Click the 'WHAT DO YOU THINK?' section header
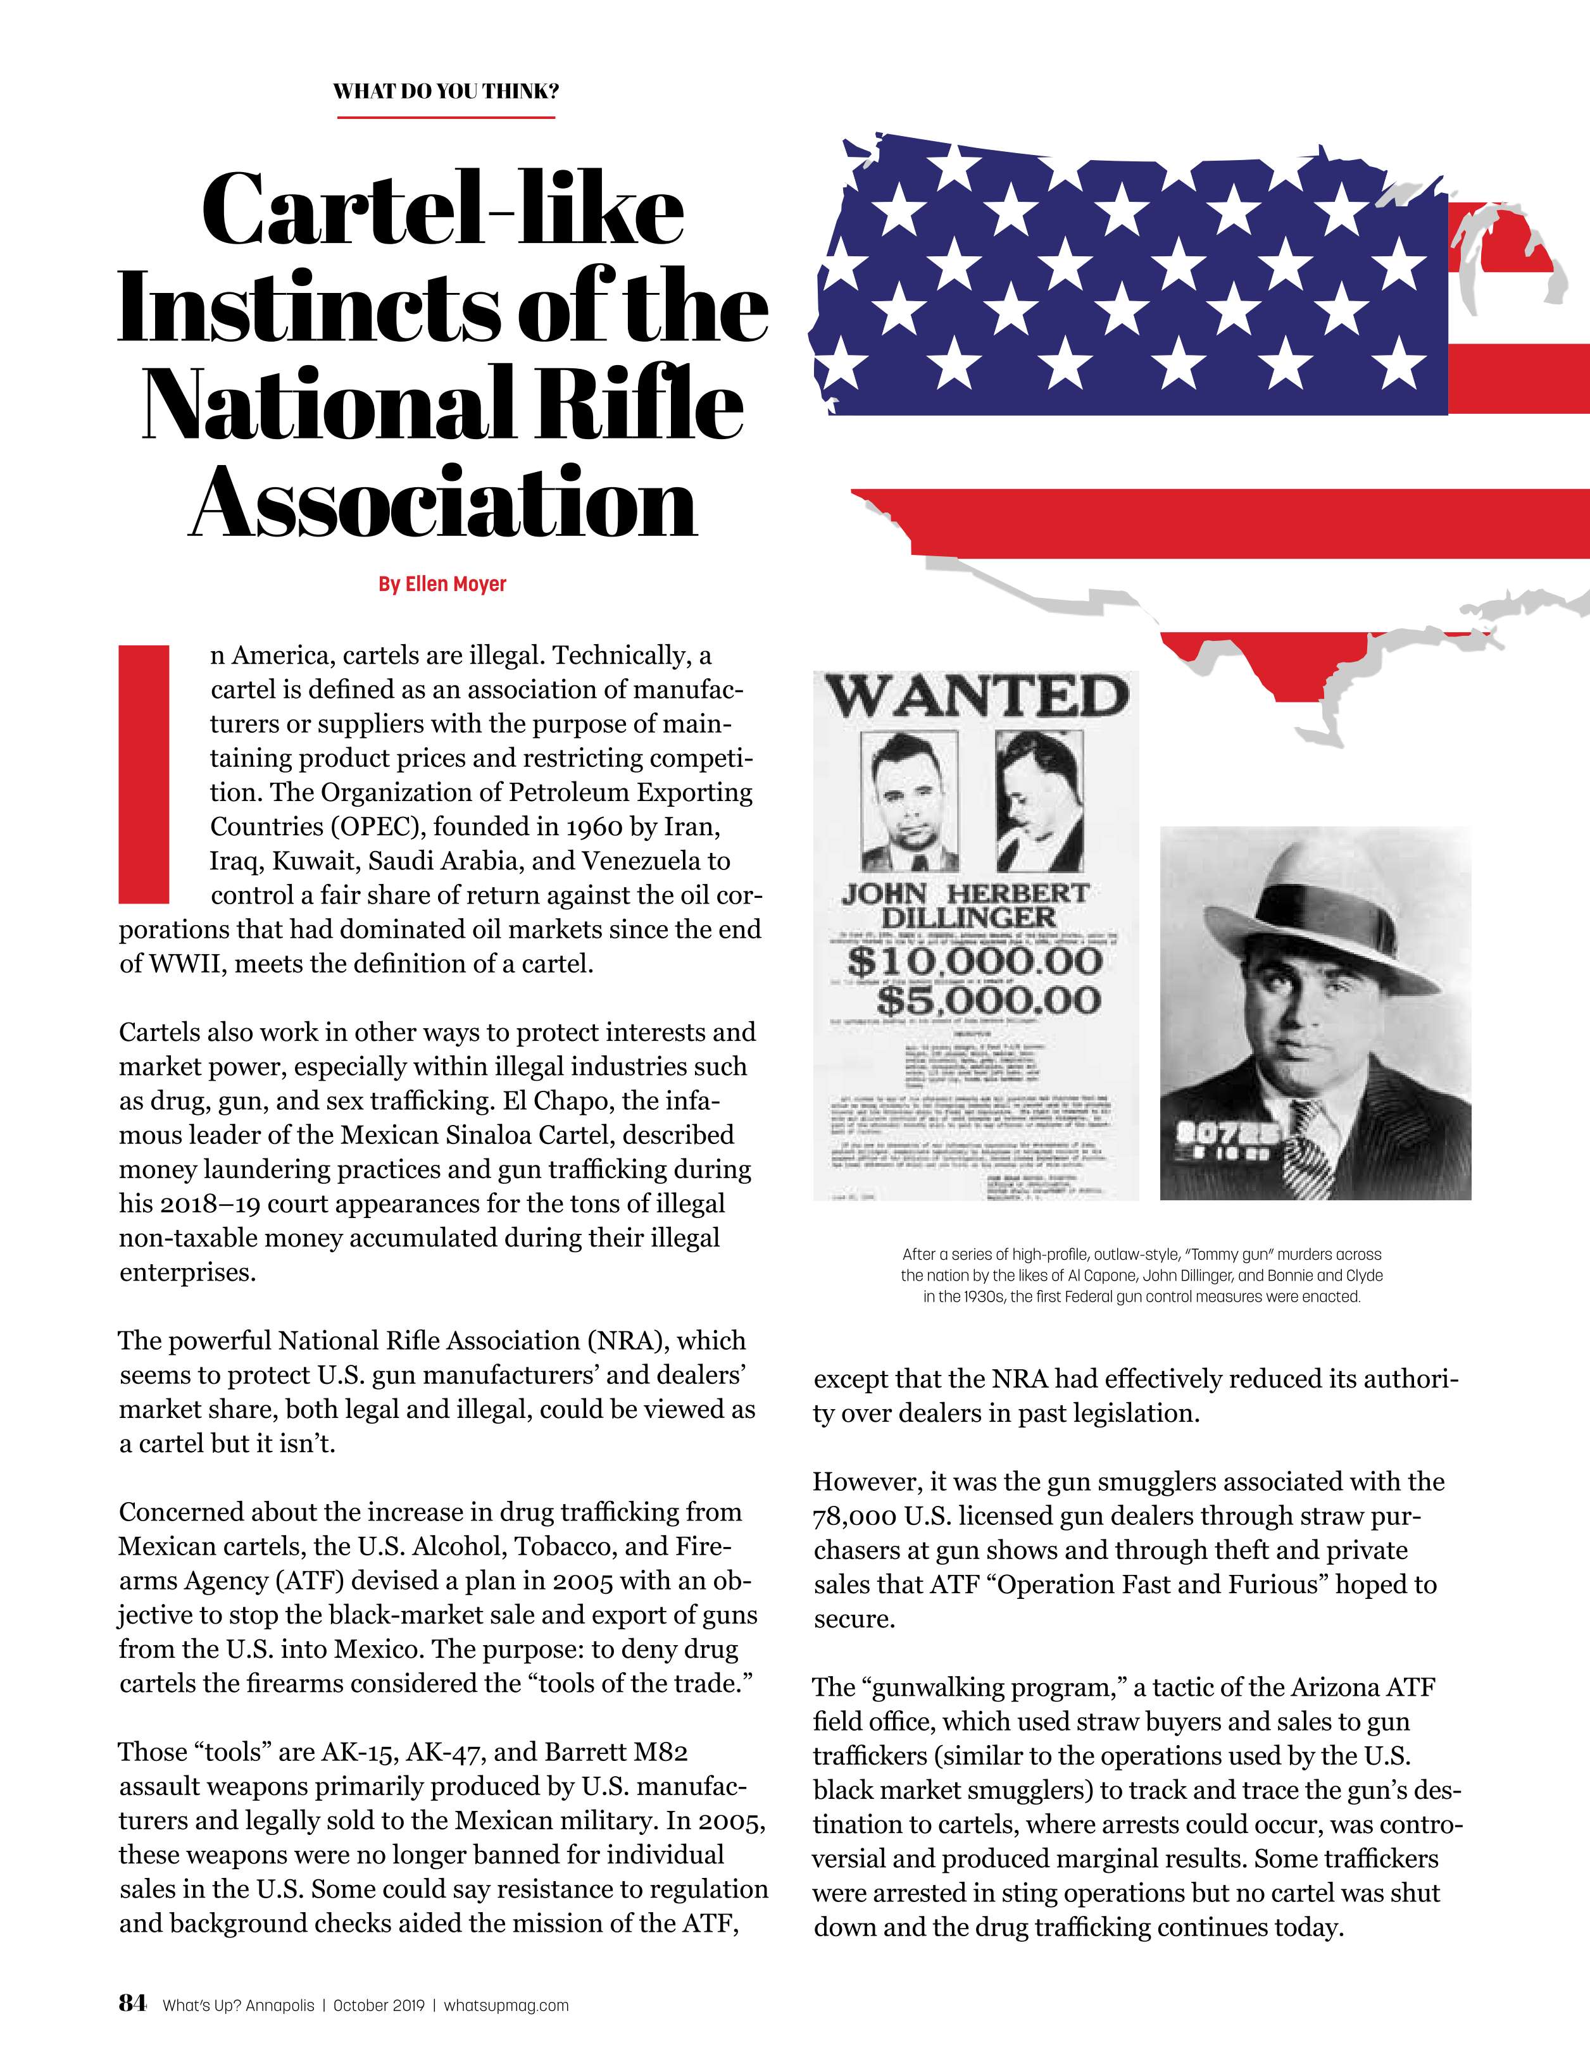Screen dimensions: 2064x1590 (445, 92)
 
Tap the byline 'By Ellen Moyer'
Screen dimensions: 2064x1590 (442, 584)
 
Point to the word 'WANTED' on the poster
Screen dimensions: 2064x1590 (977, 699)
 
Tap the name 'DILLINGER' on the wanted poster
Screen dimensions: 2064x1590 (968, 917)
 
